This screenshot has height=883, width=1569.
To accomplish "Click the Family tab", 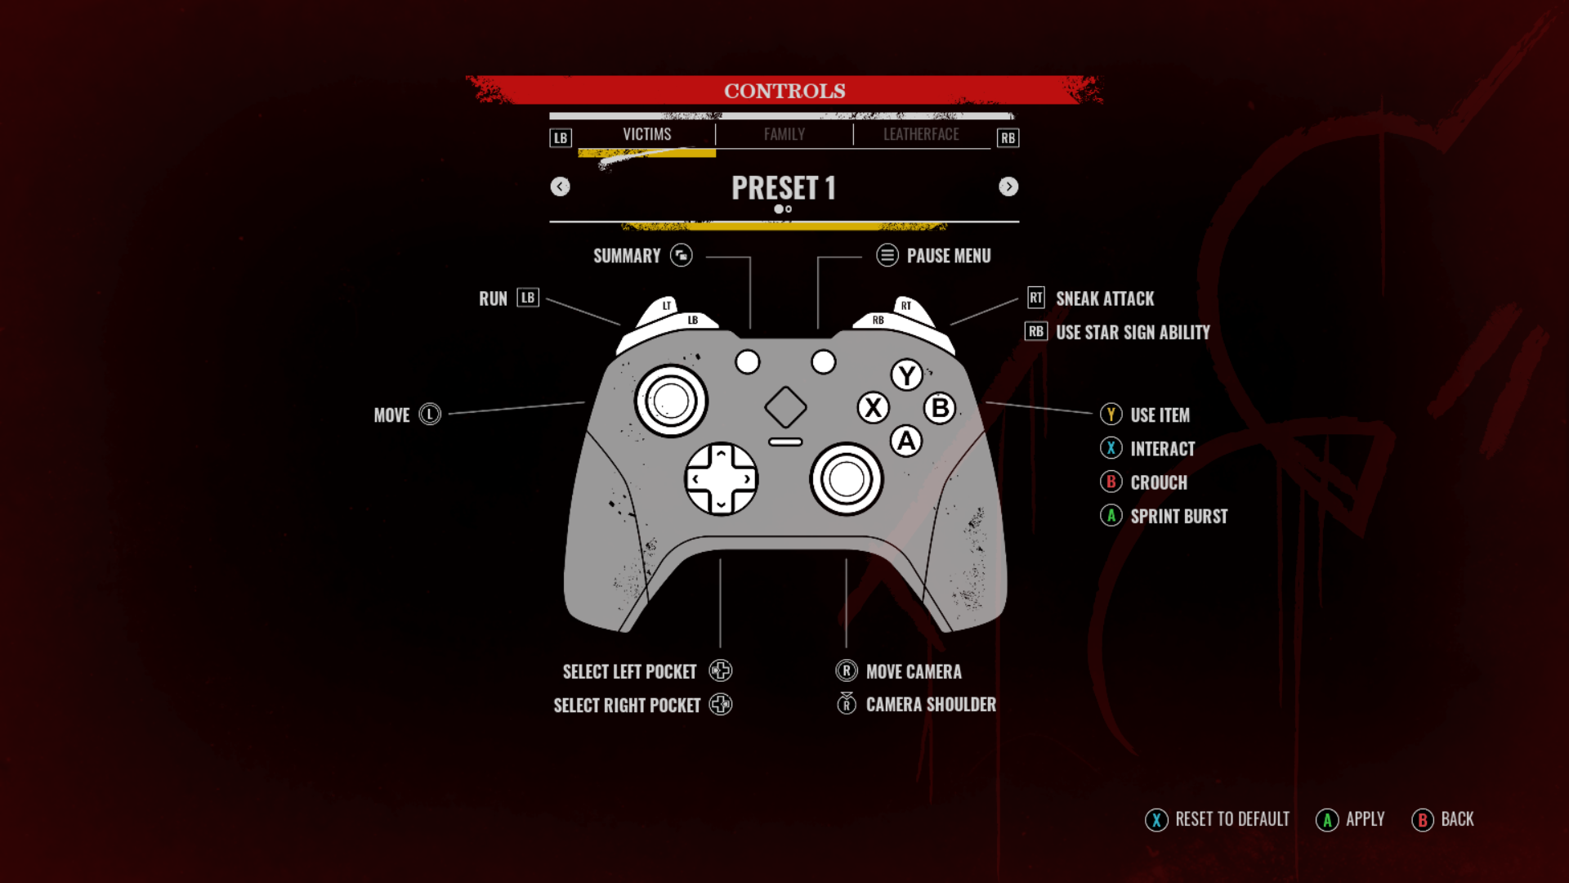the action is point(784,135).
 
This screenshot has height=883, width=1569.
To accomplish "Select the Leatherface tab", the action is point(921,135).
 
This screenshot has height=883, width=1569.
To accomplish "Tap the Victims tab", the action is point(646,135).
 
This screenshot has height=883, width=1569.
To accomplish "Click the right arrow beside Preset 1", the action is point(1008,187).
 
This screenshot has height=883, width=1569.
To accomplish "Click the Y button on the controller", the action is point(906,376).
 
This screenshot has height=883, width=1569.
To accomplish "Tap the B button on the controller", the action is point(941,408).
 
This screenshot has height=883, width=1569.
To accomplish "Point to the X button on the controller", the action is point(873,407).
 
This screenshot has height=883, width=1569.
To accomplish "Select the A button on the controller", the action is point(906,441).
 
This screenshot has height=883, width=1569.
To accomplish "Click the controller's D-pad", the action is point(721,479).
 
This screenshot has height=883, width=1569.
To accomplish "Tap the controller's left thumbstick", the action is point(671,401).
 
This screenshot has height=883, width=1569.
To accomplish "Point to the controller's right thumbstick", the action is point(846,479).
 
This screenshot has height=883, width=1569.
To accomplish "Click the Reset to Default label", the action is point(1232,819).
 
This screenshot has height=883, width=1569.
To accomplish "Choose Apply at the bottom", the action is point(1365,819).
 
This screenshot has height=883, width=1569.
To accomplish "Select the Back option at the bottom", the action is point(1457,819).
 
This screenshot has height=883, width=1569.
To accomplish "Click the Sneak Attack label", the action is point(1105,299).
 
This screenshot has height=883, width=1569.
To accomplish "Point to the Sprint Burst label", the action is point(1178,517).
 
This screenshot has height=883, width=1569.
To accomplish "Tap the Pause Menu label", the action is point(948,257).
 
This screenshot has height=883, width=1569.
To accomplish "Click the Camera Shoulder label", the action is point(931,705).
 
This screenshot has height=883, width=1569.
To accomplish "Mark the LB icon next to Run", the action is point(528,298).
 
